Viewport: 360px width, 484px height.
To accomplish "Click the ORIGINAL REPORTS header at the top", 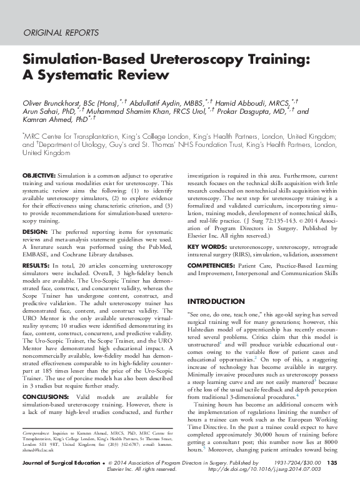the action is (x=60, y=32).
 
